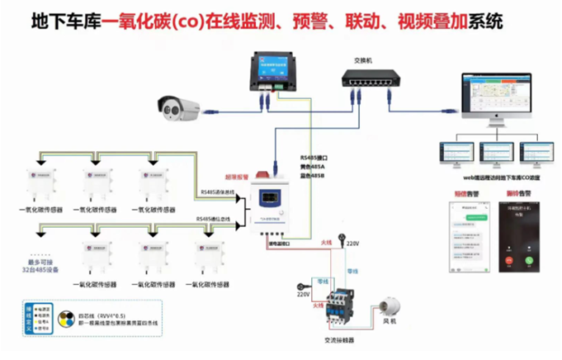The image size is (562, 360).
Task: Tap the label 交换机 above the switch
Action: (x=362, y=61)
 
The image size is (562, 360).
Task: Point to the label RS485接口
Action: (x=313, y=156)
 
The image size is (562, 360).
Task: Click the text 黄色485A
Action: (x=311, y=165)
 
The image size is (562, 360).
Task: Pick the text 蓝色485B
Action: (x=311, y=174)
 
